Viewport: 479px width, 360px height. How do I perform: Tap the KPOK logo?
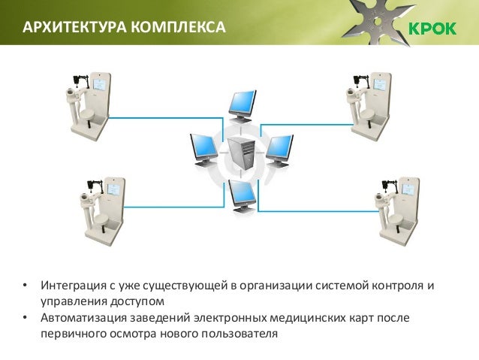tap(432, 29)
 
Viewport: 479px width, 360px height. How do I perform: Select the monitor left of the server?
tap(203, 148)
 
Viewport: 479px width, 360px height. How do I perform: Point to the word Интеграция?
tap(71, 286)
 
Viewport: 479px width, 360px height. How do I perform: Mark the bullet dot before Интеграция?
tap(25, 286)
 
